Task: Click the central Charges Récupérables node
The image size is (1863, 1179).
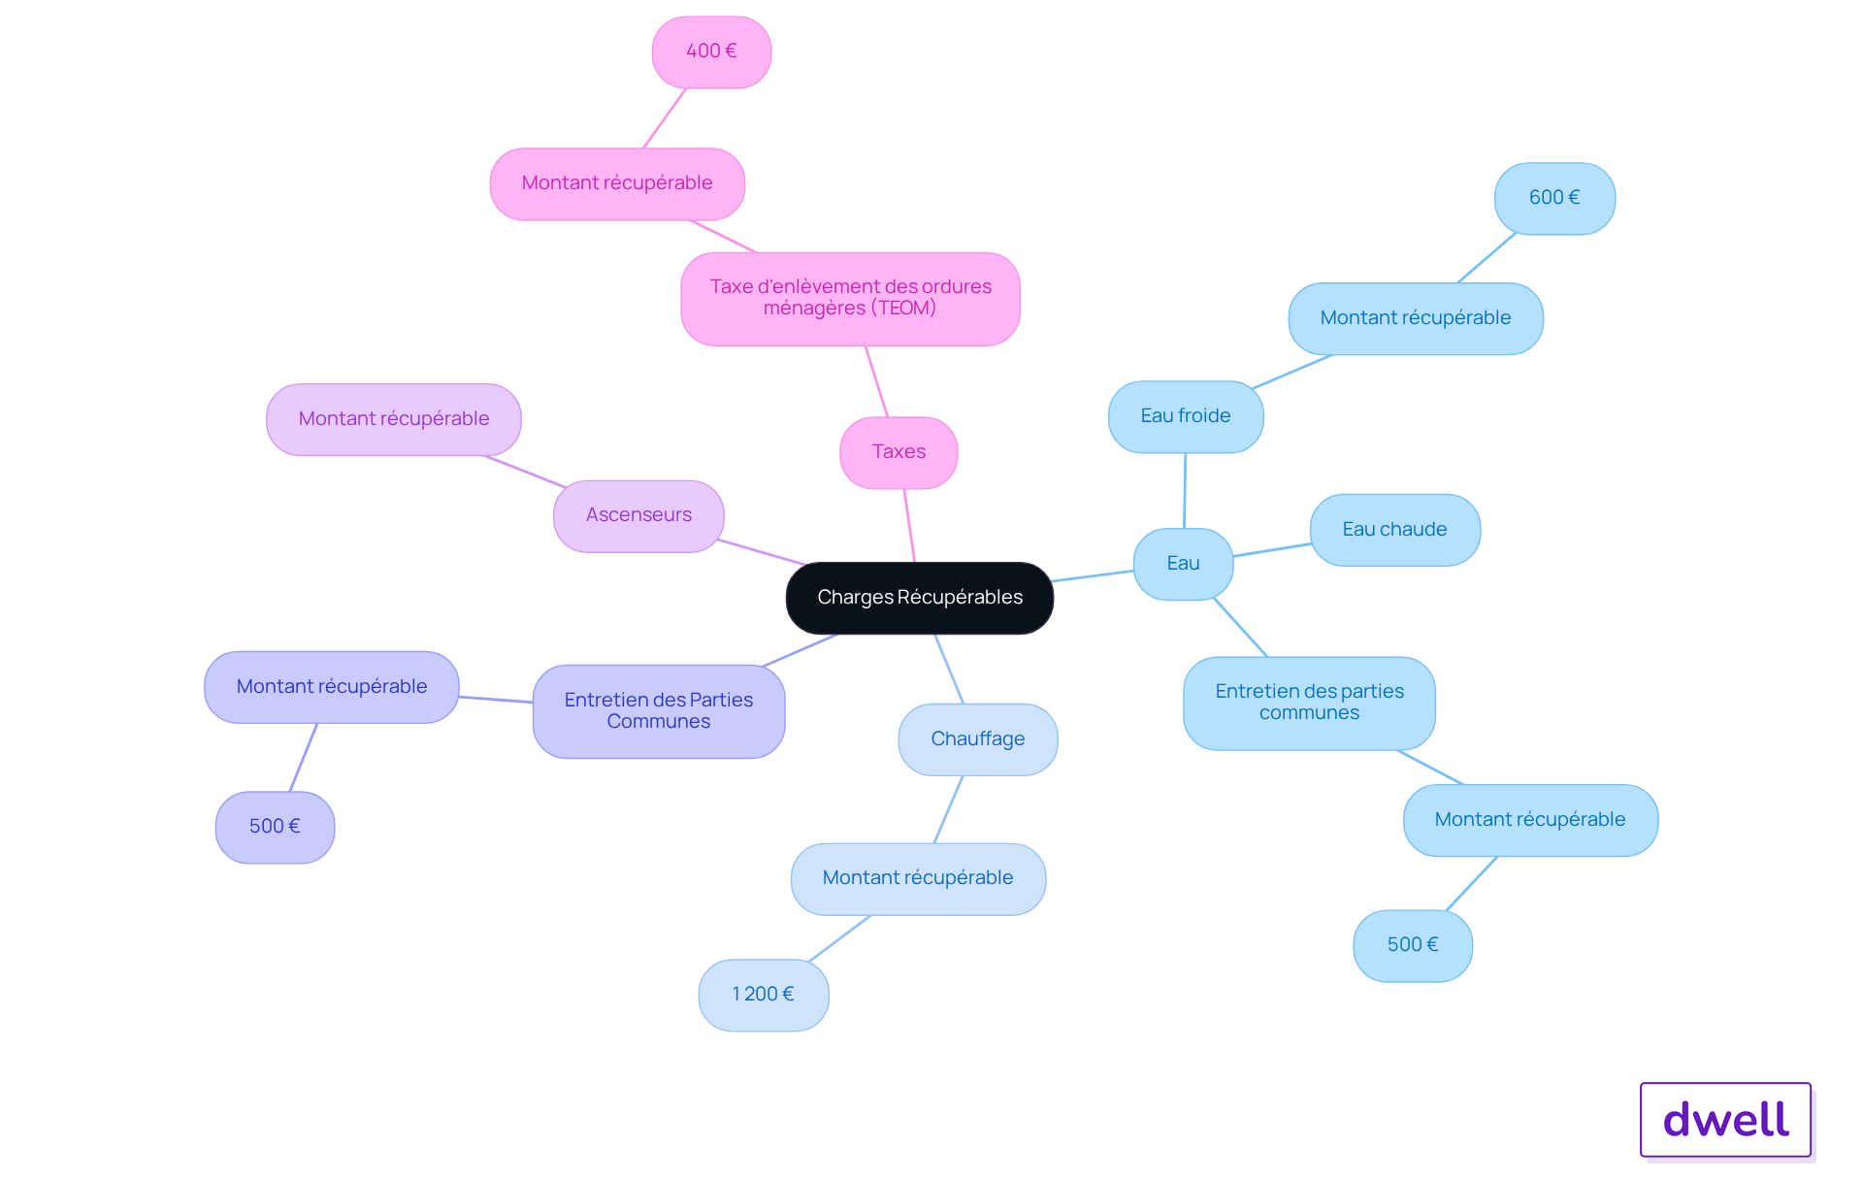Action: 919,598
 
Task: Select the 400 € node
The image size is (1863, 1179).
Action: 711,51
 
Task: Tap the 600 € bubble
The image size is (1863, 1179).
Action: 1554,198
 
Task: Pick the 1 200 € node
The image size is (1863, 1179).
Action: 764,995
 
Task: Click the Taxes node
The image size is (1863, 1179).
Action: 899,452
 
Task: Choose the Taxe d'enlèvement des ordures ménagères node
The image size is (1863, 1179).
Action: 850,299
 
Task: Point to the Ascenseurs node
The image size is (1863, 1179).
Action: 638,515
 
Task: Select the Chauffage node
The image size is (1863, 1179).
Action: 978,739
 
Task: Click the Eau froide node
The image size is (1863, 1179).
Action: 1186,416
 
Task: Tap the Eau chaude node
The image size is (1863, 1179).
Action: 1395,530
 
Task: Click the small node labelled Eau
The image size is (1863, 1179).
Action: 1183,564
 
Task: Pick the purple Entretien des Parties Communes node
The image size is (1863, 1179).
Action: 659,711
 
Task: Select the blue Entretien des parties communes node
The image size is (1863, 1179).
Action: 1309,703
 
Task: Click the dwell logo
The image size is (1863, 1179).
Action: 1725,1120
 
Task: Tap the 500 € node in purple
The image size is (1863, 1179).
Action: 275,827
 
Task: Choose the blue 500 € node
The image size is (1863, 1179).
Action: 1413,945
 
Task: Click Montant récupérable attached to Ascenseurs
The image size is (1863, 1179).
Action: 394,419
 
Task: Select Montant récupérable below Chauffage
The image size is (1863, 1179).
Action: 918,878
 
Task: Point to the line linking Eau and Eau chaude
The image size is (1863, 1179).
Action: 1272,550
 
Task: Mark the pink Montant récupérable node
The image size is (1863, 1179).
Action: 617,183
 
